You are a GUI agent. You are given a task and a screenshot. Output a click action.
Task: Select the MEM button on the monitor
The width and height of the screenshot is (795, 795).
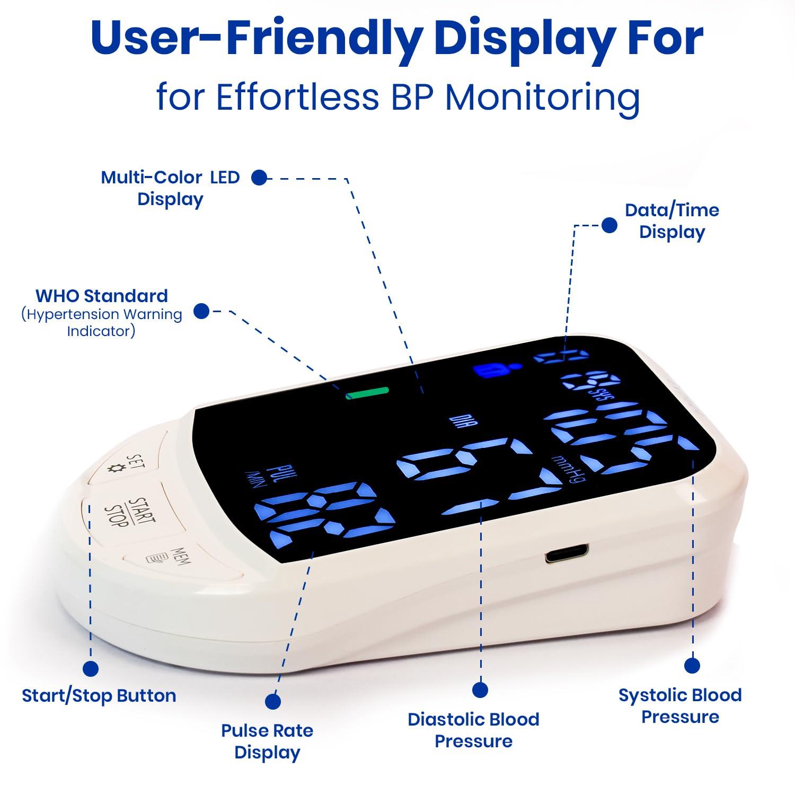[x=175, y=558]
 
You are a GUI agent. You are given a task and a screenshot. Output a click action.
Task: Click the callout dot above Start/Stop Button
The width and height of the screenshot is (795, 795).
[x=91, y=668]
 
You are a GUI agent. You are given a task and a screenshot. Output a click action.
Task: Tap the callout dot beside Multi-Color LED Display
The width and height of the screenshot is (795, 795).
[x=259, y=178]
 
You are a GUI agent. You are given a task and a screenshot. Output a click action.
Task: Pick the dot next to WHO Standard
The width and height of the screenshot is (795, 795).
[x=201, y=311]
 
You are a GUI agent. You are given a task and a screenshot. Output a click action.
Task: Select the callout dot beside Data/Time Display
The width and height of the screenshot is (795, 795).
[x=609, y=225]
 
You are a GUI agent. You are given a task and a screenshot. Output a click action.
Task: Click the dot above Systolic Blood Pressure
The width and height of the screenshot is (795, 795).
[x=692, y=665]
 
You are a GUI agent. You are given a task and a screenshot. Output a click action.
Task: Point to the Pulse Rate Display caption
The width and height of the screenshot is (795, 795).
[x=267, y=741]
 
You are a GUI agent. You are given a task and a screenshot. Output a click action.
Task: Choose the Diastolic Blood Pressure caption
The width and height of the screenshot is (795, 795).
[x=473, y=730]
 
